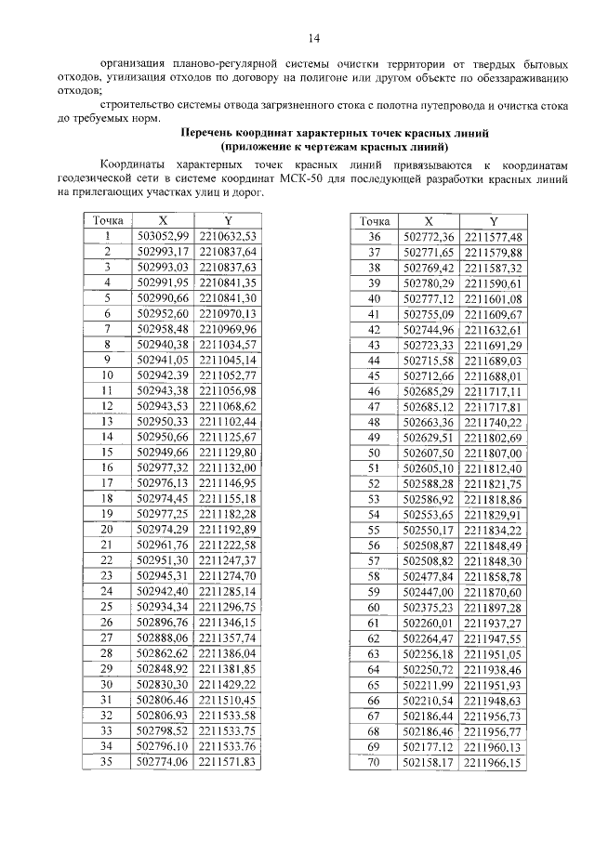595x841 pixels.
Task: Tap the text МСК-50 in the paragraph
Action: [346, 178]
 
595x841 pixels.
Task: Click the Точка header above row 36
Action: [375, 222]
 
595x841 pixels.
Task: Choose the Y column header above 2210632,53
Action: [227, 222]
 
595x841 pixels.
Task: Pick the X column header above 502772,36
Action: [429, 222]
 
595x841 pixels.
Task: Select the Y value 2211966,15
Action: [494, 762]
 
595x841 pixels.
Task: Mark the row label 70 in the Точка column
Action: [375, 762]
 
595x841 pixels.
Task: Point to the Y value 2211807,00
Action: [494, 453]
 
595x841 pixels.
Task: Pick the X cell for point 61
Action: [429, 623]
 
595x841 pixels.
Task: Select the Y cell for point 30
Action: [227, 684]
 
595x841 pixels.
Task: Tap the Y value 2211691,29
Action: [494, 344]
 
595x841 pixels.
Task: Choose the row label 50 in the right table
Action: [375, 453]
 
